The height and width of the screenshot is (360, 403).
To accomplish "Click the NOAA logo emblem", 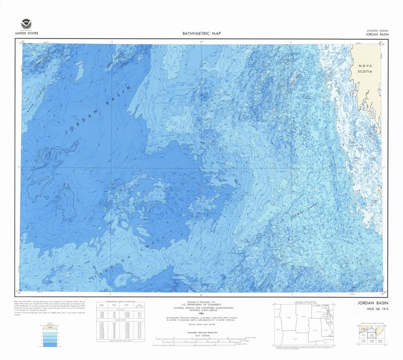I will [26, 23].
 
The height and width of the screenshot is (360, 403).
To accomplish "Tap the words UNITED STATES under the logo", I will [26, 33].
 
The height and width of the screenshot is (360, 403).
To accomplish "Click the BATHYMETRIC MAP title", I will [201, 34].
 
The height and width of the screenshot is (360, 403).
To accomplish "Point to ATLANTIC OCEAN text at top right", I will [378, 31].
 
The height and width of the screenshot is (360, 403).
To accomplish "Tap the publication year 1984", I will [201, 313].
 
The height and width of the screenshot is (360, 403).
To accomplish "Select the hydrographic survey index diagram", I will [304, 324].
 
